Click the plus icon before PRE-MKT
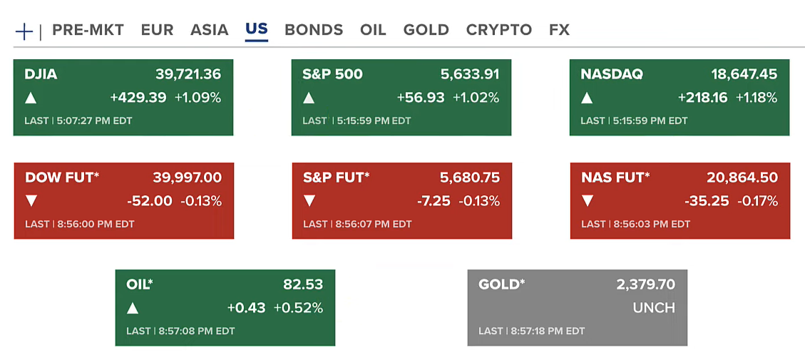(x=24, y=31)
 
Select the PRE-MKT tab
(x=88, y=30)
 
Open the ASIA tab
(x=209, y=30)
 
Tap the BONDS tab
(x=314, y=30)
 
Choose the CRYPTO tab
(x=499, y=30)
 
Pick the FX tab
(x=559, y=30)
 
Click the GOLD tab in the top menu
(x=426, y=30)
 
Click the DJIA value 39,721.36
(x=188, y=74)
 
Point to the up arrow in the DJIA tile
(x=31, y=98)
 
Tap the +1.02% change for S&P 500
(x=476, y=98)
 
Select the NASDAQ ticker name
(x=612, y=74)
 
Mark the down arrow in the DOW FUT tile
(x=31, y=201)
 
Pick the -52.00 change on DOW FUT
(x=150, y=201)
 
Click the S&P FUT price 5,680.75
(x=470, y=178)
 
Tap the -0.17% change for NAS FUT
(x=757, y=201)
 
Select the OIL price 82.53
(x=303, y=284)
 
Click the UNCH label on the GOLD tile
(x=653, y=308)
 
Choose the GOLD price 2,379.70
(x=645, y=284)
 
